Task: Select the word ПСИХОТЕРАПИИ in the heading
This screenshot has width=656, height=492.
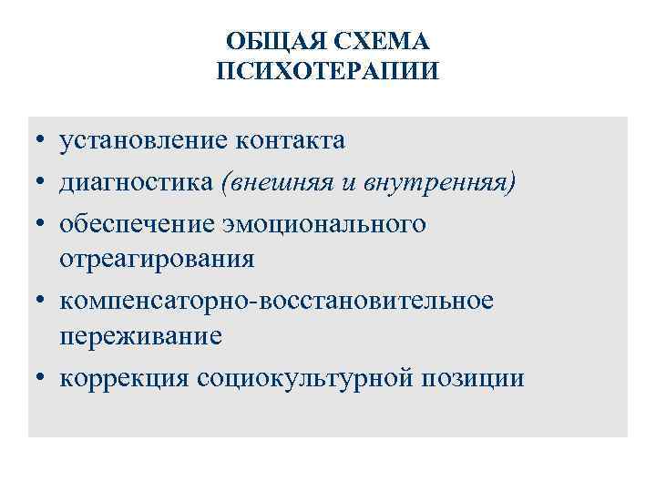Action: (x=328, y=70)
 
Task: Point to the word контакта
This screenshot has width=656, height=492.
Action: (x=290, y=140)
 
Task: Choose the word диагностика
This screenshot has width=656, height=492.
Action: (x=137, y=182)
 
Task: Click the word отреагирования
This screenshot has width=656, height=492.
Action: (x=158, y=259)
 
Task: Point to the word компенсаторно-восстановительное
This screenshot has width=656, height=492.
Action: (x=277, y=301)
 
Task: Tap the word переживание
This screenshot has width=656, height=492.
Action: (x=140, y=335)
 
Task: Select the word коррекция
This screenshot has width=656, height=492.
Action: (x=123, y=377)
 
